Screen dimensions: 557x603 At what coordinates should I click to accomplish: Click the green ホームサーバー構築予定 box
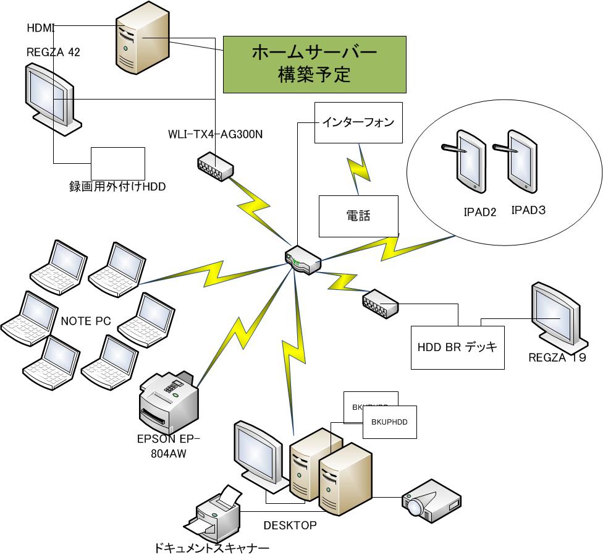[x=314, y=64]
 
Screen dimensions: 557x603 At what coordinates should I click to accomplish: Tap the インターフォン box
[x=358, y=122]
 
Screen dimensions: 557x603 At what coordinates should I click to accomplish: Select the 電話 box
[x=358, y=216]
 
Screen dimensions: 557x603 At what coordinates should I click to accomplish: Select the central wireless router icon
[x=303, y=259]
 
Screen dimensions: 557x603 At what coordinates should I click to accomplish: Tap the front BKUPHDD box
[x=389, y=422]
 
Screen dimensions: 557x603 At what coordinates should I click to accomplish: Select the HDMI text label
[x=41, y=28]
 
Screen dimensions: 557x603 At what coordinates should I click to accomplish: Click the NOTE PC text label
[x=86, y=321]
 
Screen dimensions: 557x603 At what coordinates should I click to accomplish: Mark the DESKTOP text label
[x=290, y=525]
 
